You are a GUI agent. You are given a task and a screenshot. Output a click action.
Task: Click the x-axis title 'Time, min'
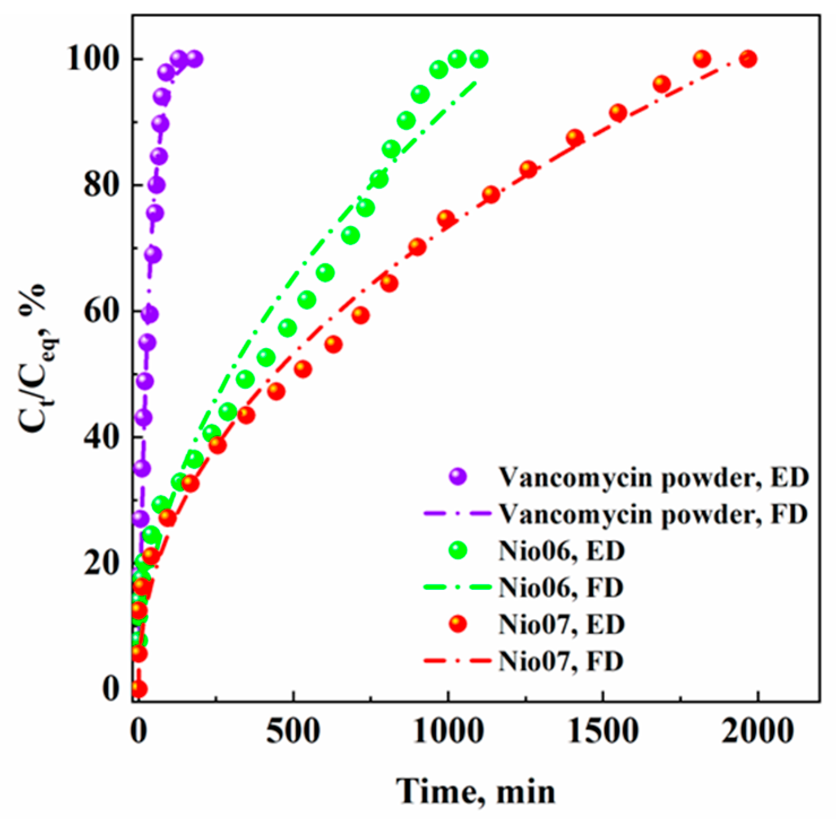[x=476, y=791]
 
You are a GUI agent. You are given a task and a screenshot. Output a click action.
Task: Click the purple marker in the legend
[x=457, y=477]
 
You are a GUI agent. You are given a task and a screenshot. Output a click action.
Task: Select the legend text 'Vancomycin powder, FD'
[x=653, y=514]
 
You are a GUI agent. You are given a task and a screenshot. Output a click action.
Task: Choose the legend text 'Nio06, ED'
[x=561, y=551]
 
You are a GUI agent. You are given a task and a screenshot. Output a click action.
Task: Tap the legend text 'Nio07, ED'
[x=561, y=624]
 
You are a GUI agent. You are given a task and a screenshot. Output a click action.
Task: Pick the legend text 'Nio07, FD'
[x=561, y=661]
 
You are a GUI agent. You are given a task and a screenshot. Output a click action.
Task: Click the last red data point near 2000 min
[x=748, y=59]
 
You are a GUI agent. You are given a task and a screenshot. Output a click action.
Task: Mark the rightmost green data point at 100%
[x=479, y=59]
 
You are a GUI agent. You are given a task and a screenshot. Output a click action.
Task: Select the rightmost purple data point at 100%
[x=194, y=59]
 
